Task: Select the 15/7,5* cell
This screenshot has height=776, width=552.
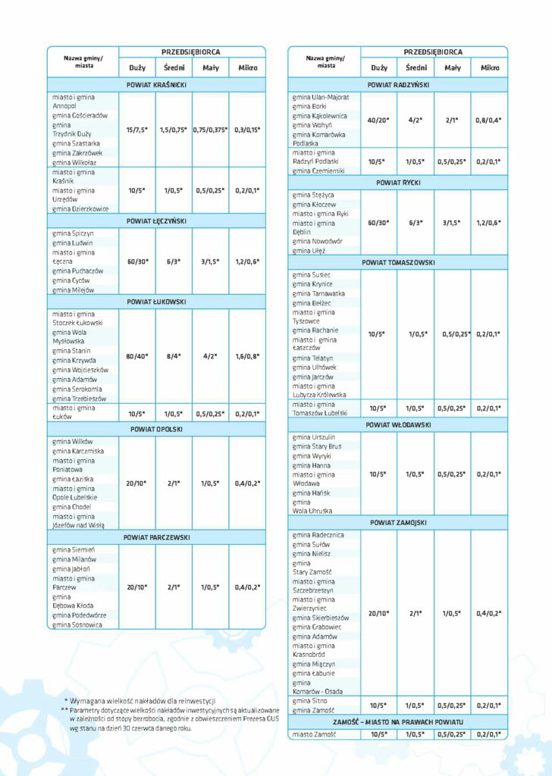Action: click(137, 130)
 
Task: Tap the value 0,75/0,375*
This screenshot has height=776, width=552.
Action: click(210, 130)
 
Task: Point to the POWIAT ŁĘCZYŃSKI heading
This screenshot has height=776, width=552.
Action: click(157, 221)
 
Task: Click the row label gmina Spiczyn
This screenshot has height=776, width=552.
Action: click(73, 233)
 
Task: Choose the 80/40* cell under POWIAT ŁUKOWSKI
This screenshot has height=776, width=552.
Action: click(137, 355)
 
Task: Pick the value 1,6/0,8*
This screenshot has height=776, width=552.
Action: click(247, 355)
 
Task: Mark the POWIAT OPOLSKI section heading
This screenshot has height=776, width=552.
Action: click(157, 429)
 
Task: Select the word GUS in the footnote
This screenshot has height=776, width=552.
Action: click(259, 718)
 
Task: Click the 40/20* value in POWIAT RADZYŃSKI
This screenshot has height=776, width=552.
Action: click(378, 120)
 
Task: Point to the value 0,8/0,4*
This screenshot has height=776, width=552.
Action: click(489, 120)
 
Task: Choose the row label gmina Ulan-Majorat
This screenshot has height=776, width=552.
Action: click(321, 98)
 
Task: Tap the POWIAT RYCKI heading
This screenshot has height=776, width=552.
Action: click(397, 183)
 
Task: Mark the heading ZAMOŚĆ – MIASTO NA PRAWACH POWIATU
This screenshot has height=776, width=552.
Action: click(397, 721)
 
